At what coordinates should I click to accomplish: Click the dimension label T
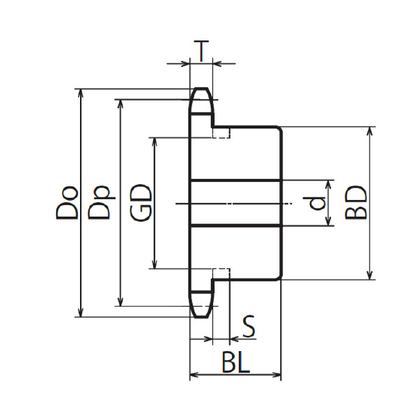201,51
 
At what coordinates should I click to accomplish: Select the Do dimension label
67,203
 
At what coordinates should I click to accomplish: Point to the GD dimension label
141,203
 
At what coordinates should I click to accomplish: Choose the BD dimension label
355,203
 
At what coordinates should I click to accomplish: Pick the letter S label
249,326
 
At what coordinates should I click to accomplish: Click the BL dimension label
235,362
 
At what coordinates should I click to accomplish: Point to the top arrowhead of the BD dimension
369,131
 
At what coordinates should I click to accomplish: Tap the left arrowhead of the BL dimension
194,375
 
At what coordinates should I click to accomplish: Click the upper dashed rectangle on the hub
221,132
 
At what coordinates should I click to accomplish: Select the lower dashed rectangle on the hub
221,274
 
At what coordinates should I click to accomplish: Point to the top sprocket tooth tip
201,88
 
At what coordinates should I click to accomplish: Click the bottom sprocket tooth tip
201,317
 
